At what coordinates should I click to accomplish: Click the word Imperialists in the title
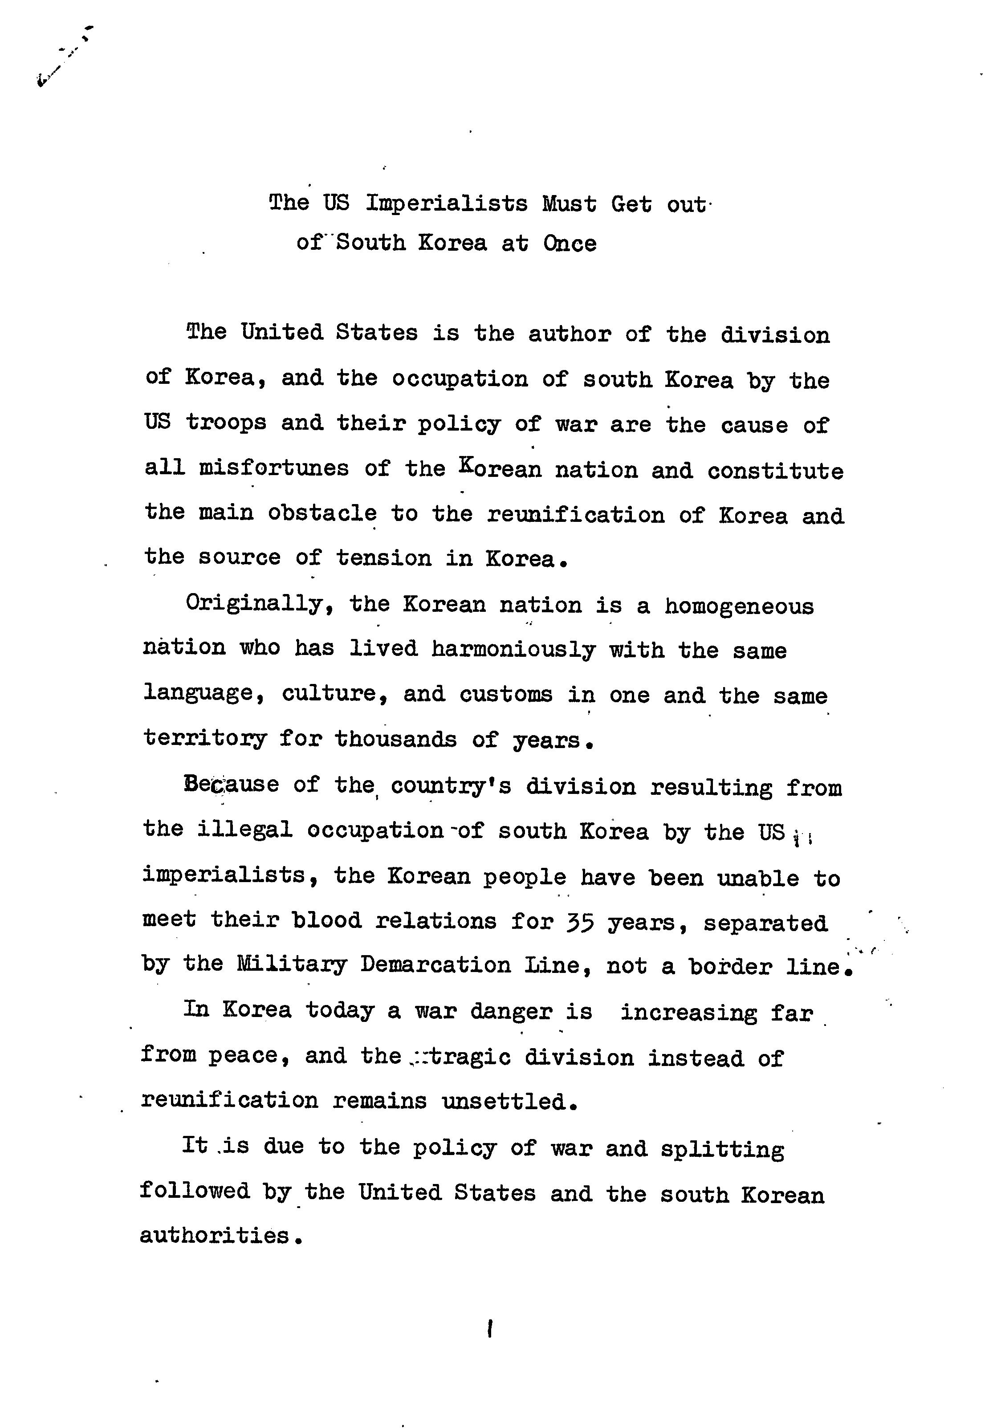446,204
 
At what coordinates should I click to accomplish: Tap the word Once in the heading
569,243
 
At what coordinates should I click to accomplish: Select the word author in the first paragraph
570,334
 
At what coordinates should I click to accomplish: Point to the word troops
226,423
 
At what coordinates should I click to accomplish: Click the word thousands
395,740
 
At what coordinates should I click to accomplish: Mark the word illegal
244,830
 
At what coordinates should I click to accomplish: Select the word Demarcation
435,965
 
